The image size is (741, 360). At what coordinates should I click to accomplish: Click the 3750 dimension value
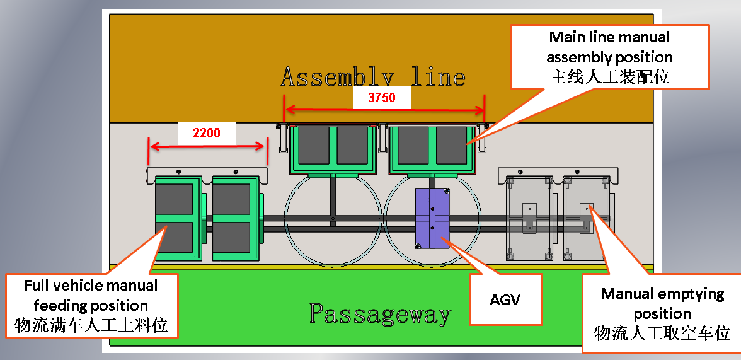tap(382, 98)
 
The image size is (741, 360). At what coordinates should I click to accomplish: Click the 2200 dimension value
tap(207, 132)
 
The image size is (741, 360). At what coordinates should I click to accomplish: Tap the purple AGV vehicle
tap(432, 218)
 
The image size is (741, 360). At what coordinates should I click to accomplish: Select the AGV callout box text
tap(505, 299)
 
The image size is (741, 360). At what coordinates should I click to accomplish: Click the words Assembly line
tap(373, 77)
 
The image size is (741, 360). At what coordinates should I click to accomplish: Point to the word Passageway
tap(380, 313)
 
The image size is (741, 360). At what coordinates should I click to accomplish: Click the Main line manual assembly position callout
tap(610, 57)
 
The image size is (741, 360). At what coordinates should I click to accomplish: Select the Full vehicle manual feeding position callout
tap(92, 306)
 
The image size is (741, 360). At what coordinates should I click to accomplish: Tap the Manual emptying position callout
tap(662, 313)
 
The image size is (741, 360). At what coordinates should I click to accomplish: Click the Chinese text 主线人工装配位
tap(610, 77)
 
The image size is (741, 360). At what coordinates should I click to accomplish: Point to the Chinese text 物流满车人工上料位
tap(91, 325)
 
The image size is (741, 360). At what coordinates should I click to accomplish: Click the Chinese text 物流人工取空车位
tap(662, 333)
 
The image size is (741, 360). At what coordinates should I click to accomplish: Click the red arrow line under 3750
tap(384, 110)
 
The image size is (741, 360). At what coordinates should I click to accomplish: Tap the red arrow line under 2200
tap(207, 146)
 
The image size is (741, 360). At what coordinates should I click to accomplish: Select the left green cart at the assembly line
tap(333, 149)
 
